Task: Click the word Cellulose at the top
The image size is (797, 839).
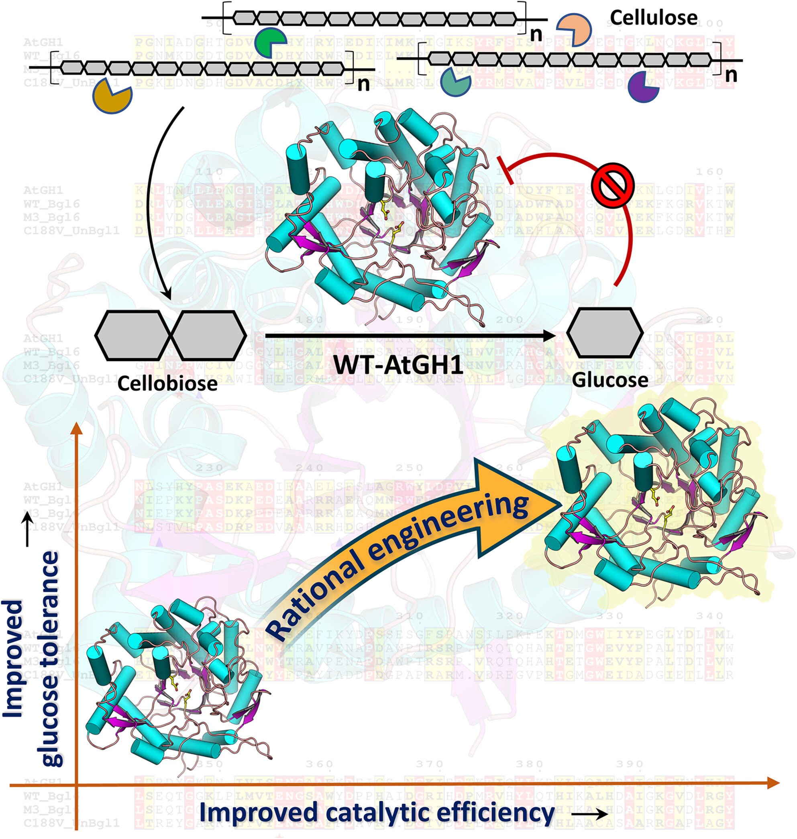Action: click(653, 18)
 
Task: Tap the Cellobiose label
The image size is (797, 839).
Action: click(167, 384)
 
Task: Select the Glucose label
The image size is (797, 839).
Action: click(609, 380)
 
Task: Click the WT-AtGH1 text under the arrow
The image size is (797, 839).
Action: click(398, 365)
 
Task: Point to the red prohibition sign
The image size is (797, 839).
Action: click(614, 185)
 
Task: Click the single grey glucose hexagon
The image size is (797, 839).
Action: click(605, 332)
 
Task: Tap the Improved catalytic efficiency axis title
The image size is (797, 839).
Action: click(377, 812)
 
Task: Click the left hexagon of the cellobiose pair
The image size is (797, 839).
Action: click(133, 336)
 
